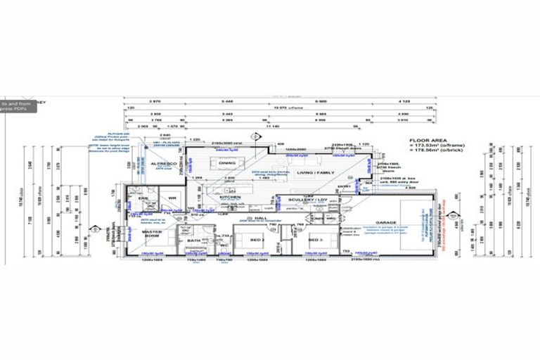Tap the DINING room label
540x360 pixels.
pyautogui.click(x=227, y=162)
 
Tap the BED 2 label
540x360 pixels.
pyautogui.click(x=255, y=240)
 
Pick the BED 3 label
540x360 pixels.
pyautogui.click(x=315, y=240)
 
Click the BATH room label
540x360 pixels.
pyautogui.click(x=194, y=240)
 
